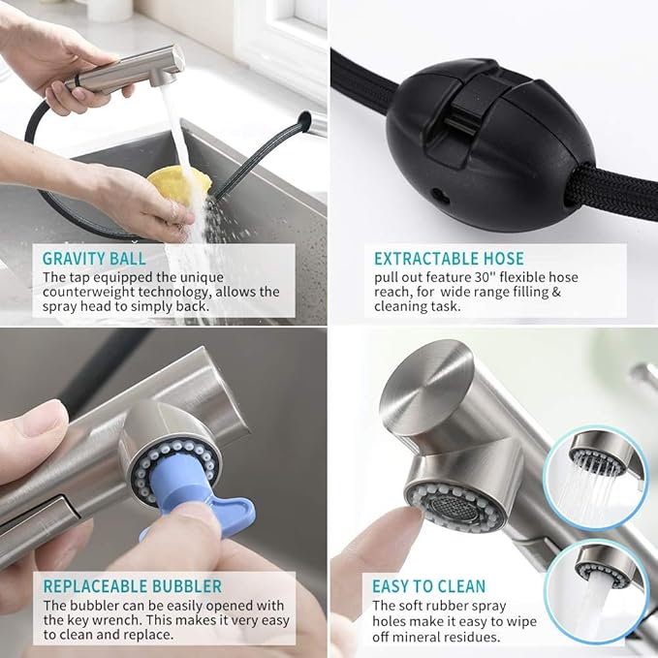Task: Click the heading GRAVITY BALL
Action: click(x=94, y=259)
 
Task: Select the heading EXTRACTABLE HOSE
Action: click(x=449, y=259)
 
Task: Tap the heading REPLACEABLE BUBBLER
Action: click(x=132, y=586)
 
